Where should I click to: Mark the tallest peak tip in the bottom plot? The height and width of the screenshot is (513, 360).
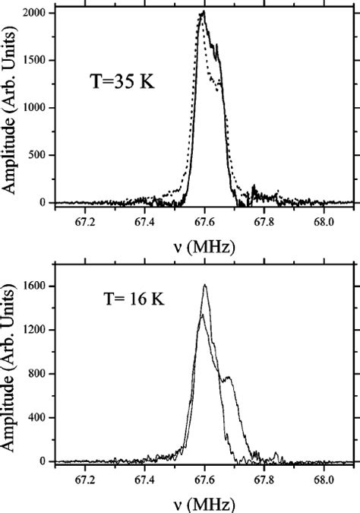(205, 285)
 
